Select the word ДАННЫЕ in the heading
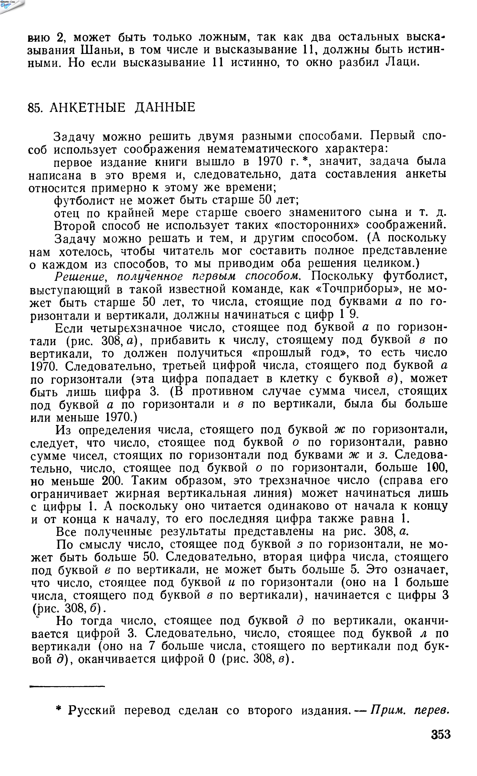pyautogui.click(x=165, y=108)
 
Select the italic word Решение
pyautogui.click(x=80, y=276)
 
